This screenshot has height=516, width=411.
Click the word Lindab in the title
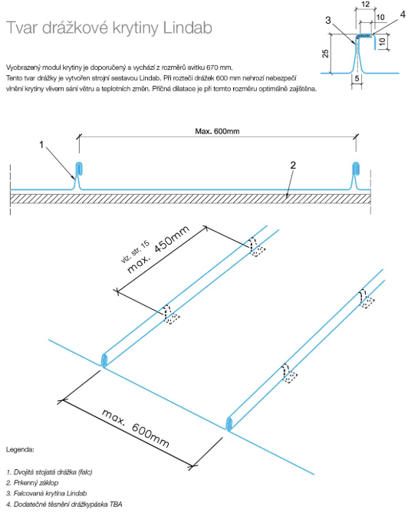pyautogui.click(x=188, y=28)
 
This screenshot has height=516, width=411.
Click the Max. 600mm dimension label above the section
pyautogui.click(x=217, y=131)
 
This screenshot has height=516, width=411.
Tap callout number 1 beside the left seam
pyautogui.click(x=41, y=144)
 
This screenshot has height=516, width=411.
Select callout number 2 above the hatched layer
pyautogui.click(x=293, y=165)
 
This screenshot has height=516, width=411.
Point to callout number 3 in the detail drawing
pyautogui.click(x=327, y=21)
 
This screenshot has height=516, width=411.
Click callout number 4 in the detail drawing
pyautogui.click(x=403, y=15)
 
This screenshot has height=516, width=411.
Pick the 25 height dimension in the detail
pyautogui.click(x=325, y=54)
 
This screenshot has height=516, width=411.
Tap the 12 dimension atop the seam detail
pyautogui.click(x=365, y=5)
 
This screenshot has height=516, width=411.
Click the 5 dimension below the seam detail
pyautogui.click(x=357, y=78)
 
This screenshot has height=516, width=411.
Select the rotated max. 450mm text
pyautogui.click(x=158, y=249)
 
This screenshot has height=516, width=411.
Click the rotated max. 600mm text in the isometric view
pyautogui.click(x=136, y=428)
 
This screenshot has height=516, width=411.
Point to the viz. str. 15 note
pyautogui.click(x=135, y=251)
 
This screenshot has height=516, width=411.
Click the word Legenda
pyautogui.click(x=20, y=449)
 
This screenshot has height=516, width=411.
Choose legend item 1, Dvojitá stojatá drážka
pyautogui.click(x=49, y=472)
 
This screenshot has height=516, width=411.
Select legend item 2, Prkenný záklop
pyautogui.click(x=32, y=483)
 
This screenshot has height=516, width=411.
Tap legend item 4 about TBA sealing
pyautogui.click(x=64, y=504)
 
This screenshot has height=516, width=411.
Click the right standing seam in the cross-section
pyautogui.click(x=355, y=176)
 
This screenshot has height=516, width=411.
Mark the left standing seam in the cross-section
pyautogui.click(x=79, y=176)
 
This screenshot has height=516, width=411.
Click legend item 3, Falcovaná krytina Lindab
pyautogui.click(x=47, y=493)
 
